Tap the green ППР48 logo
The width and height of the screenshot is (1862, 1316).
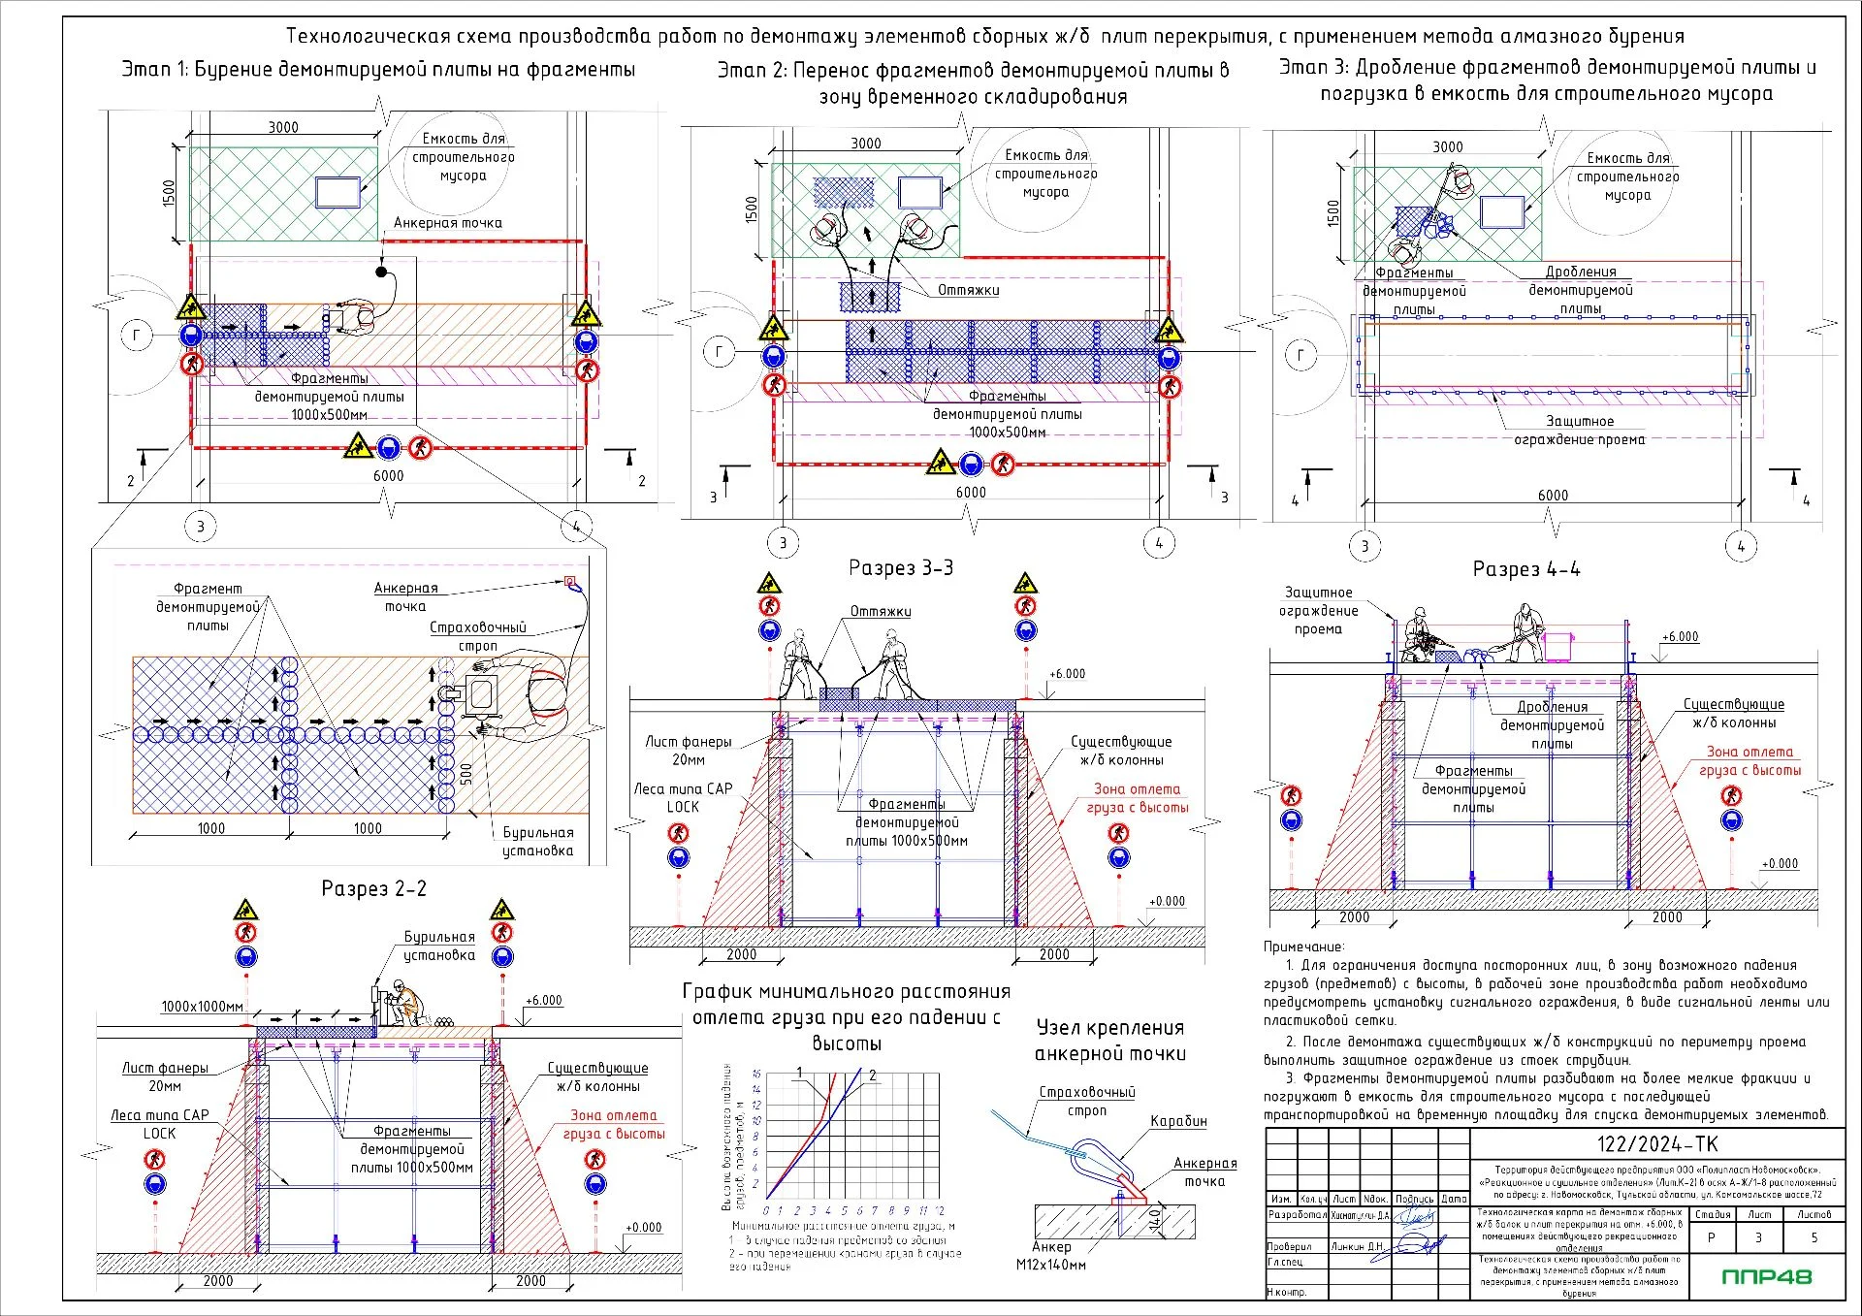tap(1766, 1276)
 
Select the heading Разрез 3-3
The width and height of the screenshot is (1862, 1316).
tap(900, 568)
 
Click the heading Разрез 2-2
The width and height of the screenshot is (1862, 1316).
tap(373, 888)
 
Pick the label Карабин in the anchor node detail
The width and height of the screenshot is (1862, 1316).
tap(1178, 1121)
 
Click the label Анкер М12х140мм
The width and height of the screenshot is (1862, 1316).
tap(1051, 1256)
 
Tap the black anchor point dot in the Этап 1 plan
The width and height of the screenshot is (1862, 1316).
tap(382, 272)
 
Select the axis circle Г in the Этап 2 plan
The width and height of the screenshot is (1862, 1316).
tap(719, 352)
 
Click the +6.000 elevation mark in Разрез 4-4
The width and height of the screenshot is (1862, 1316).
tap(1680, 637)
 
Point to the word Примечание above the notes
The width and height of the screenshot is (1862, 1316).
tap(1303, 947)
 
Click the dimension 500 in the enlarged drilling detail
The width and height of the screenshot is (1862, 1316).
tap(466, 774)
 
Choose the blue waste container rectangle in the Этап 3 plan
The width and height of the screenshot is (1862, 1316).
tap(1502, 211)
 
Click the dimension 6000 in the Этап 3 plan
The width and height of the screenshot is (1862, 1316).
tap(1552, 496)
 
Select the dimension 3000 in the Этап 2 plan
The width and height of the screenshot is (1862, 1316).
tap(865, 144)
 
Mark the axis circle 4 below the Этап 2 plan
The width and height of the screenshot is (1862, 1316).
tap(1158, 543)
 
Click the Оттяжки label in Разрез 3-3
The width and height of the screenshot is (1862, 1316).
tap(881, 612)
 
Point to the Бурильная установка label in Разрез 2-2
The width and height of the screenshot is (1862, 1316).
tap(439, 946)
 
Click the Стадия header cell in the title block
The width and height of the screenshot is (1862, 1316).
tap(1712, 1214)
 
